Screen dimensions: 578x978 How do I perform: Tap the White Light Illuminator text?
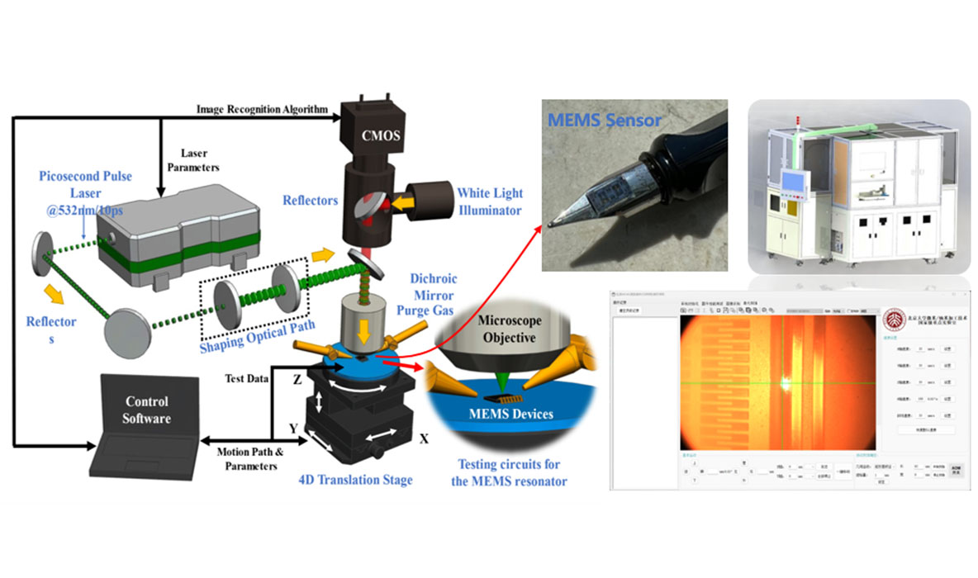(491, 201)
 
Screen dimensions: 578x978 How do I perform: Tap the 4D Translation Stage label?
(354, 478)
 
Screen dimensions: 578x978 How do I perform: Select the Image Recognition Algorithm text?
(262, 108)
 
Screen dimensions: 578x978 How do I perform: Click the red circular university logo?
(895, 318)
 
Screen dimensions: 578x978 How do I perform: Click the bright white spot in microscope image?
(783, 381)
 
